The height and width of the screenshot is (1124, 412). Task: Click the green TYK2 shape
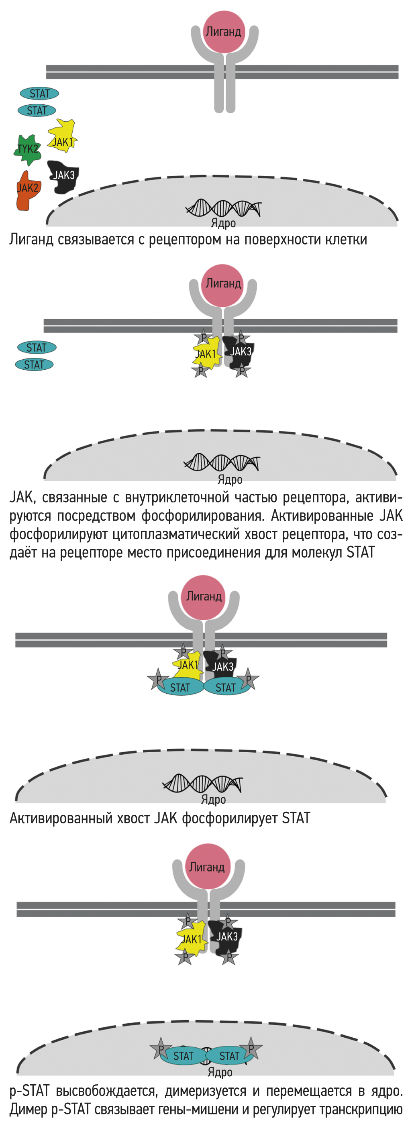coord(27,150)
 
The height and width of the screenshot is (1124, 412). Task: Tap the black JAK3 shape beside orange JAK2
coord(63,176)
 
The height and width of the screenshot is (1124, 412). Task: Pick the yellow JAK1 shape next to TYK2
coord(62,138)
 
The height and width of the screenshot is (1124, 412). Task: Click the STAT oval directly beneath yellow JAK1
coord(180,688)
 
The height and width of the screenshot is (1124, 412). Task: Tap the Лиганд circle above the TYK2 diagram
coord(223,31)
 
